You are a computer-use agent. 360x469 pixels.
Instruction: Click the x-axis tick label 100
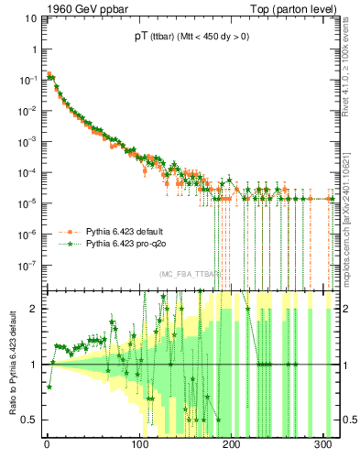tap(139, 447)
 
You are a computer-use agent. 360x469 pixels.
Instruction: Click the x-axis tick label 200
tap(232, 447)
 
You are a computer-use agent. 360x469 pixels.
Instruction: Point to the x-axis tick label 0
tap(47, 447)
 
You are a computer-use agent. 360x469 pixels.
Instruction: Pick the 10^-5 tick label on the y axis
tap(27, 202)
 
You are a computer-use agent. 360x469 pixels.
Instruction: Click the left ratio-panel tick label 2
tap(34, 309)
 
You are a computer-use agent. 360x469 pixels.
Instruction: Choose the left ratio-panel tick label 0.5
tap(30, 420)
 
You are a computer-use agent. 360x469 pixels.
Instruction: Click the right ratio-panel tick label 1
tap(345, 365)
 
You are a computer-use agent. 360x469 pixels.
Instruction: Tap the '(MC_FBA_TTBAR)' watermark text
tap(188, 275)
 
